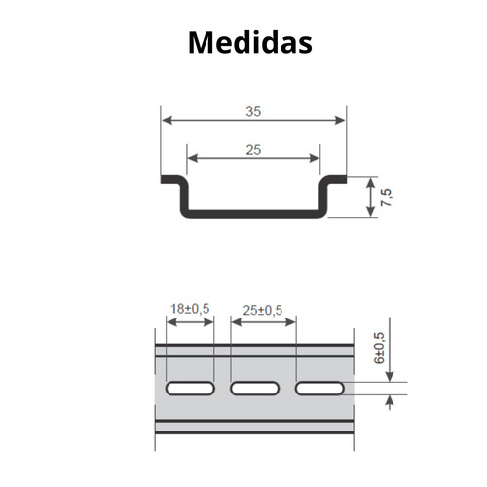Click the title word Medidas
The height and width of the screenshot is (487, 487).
tap(249, 42)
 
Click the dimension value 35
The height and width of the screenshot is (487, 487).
tap(253, 111)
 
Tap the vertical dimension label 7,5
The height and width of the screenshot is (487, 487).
tap(387, 198)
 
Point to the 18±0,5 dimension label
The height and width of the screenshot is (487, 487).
tap(191, 309)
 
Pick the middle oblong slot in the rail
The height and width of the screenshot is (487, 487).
tap(254, 389)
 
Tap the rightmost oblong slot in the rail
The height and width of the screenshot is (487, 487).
tap(318, 389)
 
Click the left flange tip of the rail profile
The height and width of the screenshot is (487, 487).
tap(166, 180)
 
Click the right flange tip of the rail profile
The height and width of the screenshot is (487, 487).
tap(341, 180)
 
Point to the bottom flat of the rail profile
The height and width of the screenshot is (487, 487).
tap(253, 213)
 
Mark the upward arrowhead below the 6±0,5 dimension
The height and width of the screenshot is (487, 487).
tap(389, 400)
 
